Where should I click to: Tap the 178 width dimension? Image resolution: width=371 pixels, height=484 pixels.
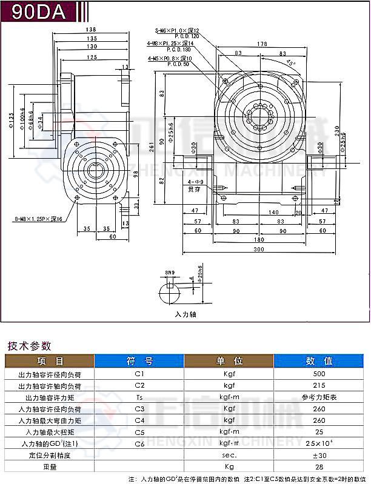(261, 44)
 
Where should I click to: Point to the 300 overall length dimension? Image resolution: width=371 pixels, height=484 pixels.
(259, 250)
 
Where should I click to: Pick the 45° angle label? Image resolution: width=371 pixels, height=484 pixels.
(292, 62)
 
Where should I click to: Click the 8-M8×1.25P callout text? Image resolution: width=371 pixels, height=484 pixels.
(37, 219)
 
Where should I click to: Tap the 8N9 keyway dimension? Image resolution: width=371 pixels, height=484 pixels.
(170, 273)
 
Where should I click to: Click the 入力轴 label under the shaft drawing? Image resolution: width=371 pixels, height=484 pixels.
(185, 315)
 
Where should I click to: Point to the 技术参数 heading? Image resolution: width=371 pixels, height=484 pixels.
(29, 346)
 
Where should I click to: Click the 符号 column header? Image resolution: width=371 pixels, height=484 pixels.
(139, 361)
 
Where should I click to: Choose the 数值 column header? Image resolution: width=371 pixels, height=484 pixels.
(319, 361)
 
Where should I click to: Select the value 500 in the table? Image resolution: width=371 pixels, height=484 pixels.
(319, 374)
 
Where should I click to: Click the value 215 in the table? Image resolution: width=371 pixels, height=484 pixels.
(319, 385)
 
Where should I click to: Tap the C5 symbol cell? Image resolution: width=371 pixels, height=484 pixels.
(139, 432)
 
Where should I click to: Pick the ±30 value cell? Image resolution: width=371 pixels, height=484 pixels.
(319, 455)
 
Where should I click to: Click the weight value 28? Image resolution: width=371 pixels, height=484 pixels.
(319, 466)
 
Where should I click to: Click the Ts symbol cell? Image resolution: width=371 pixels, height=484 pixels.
(139, 397)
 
